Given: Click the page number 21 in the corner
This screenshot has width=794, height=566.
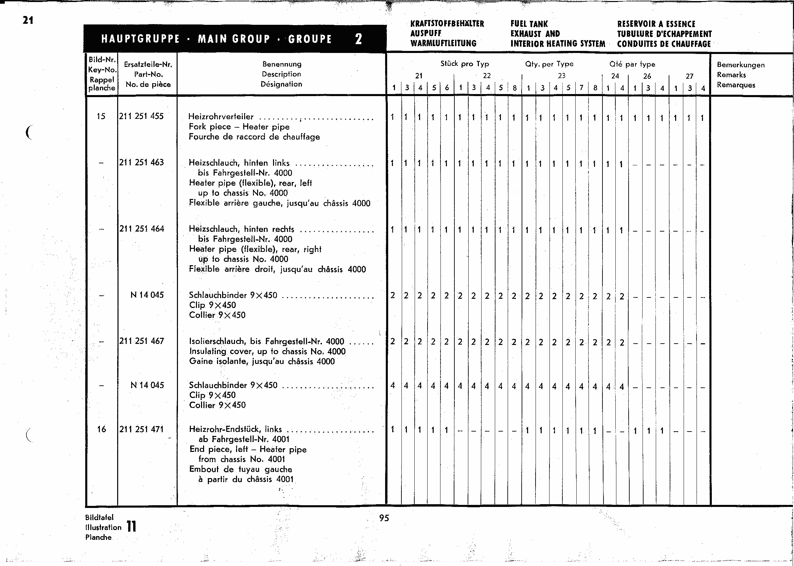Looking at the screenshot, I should [28, 20].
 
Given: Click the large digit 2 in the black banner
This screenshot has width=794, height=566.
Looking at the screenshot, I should [358, 39].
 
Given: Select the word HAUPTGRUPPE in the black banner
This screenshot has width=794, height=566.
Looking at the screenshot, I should [141, 39].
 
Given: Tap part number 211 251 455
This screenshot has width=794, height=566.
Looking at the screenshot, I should [141, 116].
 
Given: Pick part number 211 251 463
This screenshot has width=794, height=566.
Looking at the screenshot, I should [141, 162].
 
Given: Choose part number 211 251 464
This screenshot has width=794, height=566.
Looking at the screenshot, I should [142, 229].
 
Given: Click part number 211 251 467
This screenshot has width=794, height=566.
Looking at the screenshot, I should [142, 341].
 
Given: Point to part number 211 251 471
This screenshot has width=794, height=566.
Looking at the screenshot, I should [141, 429].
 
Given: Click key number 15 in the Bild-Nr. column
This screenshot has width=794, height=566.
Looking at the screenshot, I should [101, 116].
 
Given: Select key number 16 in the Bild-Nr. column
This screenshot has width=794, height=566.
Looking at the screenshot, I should [102, 429].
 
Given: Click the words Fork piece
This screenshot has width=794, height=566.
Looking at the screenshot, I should [210, 127].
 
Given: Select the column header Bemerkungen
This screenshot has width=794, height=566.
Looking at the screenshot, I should [741, 65].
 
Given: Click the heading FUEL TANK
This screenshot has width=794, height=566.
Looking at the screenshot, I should [529, 24].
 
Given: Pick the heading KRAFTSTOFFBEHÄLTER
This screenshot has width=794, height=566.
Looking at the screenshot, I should [447, 24].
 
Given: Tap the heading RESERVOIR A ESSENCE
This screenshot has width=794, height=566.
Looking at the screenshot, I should [656, 24].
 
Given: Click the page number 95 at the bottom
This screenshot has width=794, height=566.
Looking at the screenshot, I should [384, 518].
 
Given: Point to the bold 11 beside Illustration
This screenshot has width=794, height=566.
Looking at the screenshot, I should [131, 526].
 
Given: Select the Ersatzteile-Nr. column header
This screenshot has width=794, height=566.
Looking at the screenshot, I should [148, 65].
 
